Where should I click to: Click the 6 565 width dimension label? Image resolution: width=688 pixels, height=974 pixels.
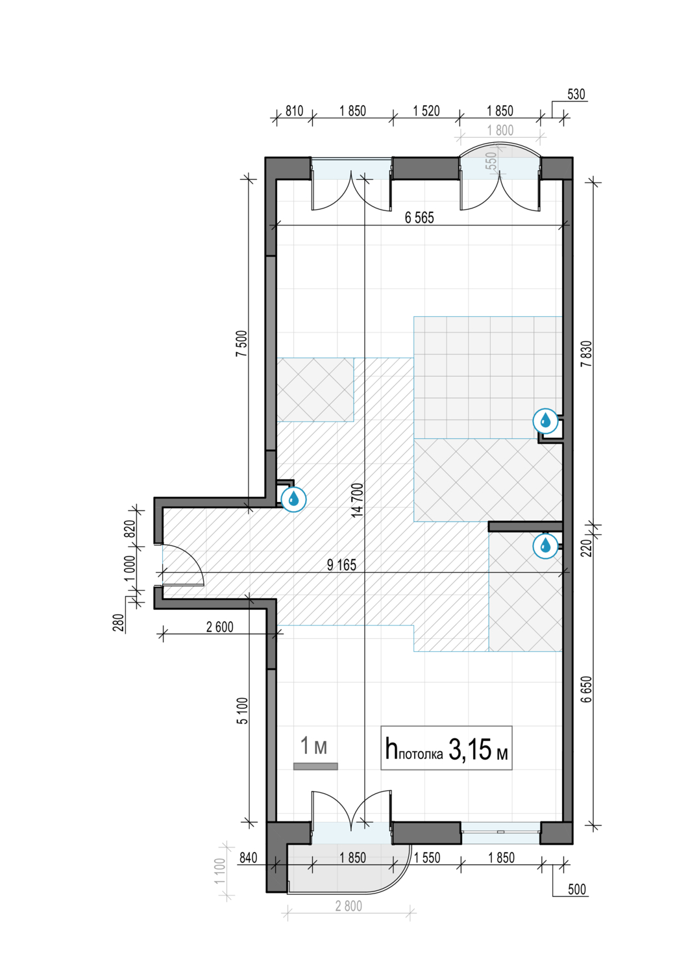(x=419, y=218)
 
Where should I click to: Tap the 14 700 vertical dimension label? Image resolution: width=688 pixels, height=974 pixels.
(x=357, y=499)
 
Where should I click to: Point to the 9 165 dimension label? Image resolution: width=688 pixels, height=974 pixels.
(x=341, y=565)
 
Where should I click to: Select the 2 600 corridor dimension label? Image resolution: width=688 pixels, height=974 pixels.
(x=219, y=627)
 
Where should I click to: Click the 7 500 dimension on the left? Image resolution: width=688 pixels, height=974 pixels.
(x=241, y=343)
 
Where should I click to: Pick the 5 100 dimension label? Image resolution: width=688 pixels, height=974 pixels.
(x=242, y=710)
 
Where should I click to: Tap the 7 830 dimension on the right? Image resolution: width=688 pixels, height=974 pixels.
(x=587, y=353)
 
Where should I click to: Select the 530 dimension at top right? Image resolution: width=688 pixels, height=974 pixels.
(x=576, y=94)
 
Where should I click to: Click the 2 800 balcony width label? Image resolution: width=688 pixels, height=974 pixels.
(x=349, y=906)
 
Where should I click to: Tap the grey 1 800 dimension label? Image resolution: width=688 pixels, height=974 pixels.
(x=500, y=130)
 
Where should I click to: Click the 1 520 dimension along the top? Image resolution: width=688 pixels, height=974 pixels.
(x=426, y=110)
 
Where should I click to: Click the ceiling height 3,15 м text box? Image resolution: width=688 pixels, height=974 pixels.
(x=447, y=748)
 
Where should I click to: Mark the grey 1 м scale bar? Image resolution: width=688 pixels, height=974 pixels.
(x=315, y=767)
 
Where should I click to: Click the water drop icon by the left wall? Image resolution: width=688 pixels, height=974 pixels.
(x=293, y=499)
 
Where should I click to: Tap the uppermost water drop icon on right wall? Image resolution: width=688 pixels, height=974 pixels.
(x=545, y=421)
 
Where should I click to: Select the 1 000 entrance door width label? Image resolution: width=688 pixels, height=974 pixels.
(x=130, y=568)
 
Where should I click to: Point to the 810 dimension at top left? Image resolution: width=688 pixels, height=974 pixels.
(x=294, y=110)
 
